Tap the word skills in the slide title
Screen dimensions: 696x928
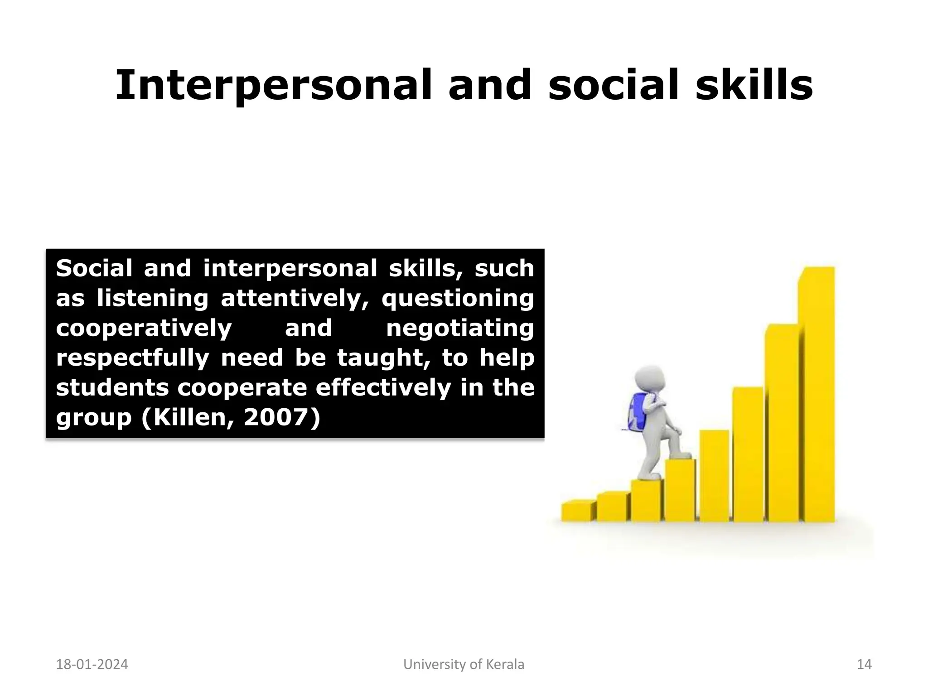(x=754, y=85)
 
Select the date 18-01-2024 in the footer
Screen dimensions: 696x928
(x=92, y=664)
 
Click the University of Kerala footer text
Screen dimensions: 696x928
(x=464, y=664)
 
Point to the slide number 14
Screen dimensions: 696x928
(x=864, y=664)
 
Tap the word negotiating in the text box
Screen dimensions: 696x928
(x=460, y=328)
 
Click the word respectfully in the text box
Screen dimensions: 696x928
(x=132, y=358)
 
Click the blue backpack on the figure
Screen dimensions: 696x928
(x=638, y=411)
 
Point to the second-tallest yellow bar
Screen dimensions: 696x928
(x=783, y=424)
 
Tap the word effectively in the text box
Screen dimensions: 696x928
(x=382, y=387)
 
